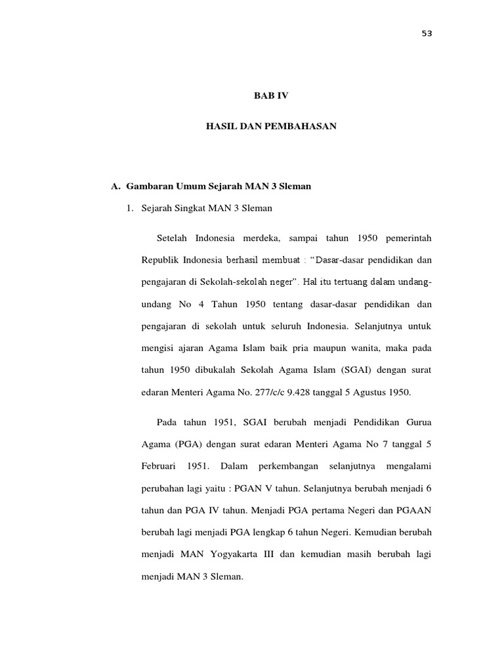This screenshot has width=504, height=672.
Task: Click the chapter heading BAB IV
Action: click(x=271, y=96)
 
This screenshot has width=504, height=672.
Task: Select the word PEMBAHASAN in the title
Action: click(x=302, y=126)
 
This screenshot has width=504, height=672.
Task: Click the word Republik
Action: click(x=159, y=260)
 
